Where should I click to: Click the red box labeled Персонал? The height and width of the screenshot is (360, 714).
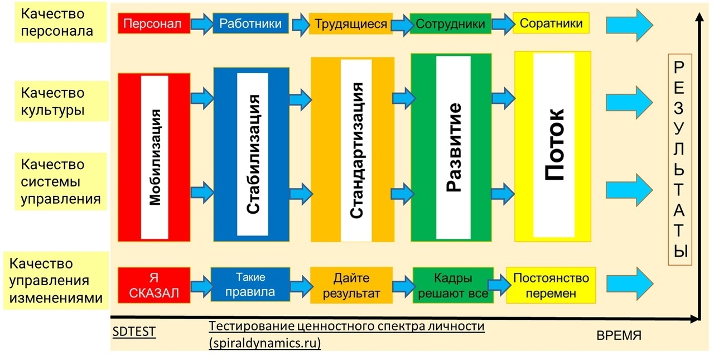click(x=154, y=23)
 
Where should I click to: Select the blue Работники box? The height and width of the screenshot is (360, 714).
click(x=250, y=23)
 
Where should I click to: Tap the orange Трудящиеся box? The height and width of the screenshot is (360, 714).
click(x=351, y=23)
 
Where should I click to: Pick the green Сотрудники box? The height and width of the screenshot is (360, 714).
click(x=450, y=23)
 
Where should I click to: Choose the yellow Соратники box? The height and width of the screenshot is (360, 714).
click(x=551, y=23)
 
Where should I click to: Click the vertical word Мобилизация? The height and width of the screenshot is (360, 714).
click(x=155, y=157)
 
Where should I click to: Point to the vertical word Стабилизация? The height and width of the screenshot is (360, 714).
click(x=253, y=154)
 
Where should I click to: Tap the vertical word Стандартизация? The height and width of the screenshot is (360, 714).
click(x=356, y=151)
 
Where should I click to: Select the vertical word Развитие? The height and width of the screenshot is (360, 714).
click(x=454, y=147)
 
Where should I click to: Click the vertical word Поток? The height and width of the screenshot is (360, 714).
click(x=554, y=145)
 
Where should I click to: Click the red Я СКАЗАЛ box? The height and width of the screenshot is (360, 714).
click(x=154, y=285)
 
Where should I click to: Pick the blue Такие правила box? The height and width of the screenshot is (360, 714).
click(x=250, y=285)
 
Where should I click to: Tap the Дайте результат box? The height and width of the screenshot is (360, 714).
click(x=351, y=285)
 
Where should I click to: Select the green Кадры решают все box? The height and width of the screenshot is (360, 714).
click(x=453, y=285)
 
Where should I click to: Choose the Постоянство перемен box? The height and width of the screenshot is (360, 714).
click(x=551, y=285)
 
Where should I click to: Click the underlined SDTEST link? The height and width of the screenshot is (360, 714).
click(x=134, y=332)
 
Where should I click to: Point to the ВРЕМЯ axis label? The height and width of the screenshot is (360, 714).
click(x=619, y=335)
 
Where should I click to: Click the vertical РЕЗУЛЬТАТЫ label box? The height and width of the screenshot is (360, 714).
click(x=680, y=160)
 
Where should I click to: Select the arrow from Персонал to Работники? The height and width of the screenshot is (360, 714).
click(x=202, y=23)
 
